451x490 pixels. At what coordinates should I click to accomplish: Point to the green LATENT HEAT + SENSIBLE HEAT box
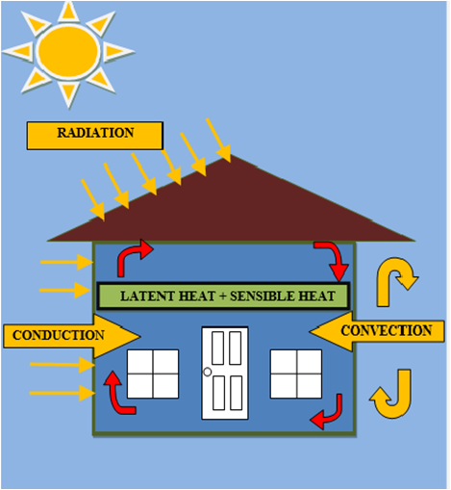pyautogui.click(x=223, y=296)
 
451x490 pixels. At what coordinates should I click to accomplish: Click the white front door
pyautogui.click(x=224, y=374)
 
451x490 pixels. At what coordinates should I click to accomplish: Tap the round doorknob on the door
pyautogui.click(x=207, y=372)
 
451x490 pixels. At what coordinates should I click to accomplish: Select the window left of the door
pyautogui.click(x=153, y=374)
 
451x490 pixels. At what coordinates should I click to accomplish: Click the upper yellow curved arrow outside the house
pyautogui.click(x=395, y=273)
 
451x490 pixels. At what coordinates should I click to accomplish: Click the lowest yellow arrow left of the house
pyautogui.click(x=63, y=393)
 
